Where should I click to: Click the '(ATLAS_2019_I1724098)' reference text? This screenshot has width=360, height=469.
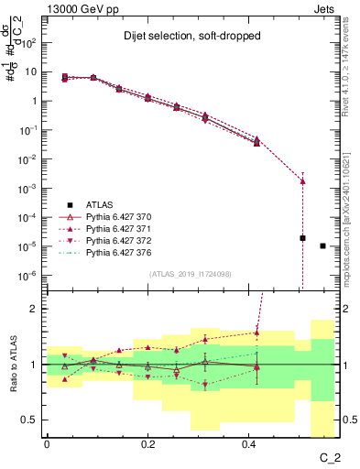point(191,274)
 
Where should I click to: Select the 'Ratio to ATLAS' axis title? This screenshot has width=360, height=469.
point(13,365)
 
